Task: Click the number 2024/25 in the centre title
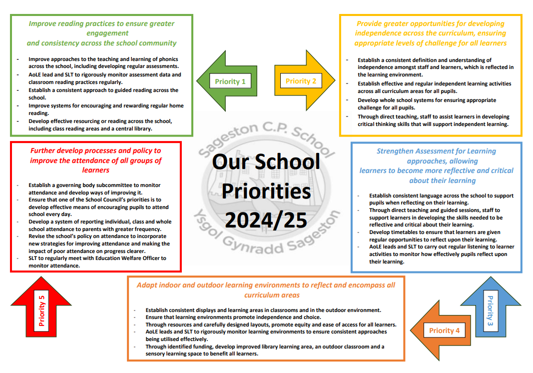265,220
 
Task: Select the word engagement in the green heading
101,33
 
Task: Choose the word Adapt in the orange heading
147,285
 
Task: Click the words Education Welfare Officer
130,258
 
